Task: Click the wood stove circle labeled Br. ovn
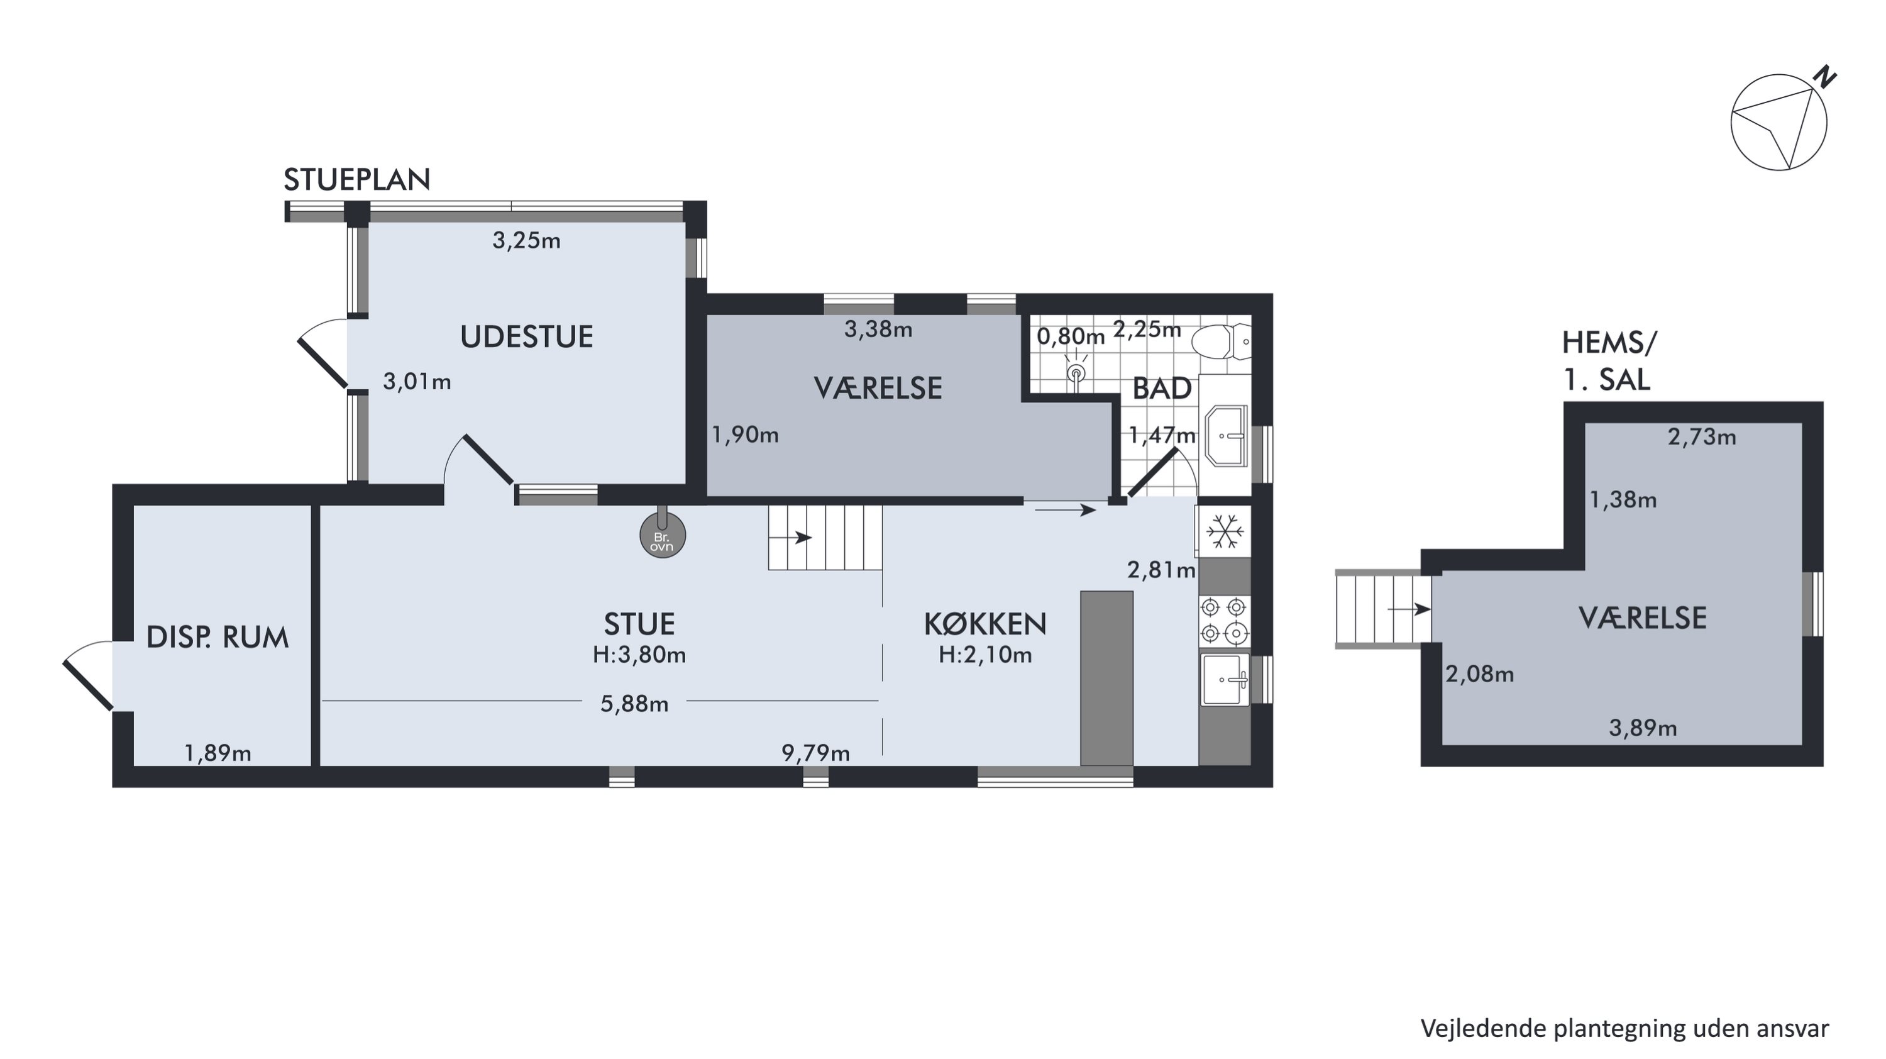(x=663, y=535)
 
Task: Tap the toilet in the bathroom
(x=1222, y=341)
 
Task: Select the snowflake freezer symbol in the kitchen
(x=1225, y=531)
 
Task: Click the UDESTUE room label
(x=526, y=337)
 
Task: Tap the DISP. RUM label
(x=218, y=638)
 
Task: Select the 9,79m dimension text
(x=815, y=753)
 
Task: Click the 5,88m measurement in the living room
(x=634, y=704)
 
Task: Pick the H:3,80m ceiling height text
(x=639, y=655)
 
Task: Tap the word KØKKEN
(x=984, y=624)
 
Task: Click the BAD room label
(x=1162, y=389)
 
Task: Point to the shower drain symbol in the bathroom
(x=1076, y=374)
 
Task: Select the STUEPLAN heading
(x=356, y=179)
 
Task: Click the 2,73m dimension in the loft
(x=1702, y=437)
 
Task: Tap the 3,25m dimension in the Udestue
(x=526, y=240)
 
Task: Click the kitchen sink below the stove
(x=1225, y=680)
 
